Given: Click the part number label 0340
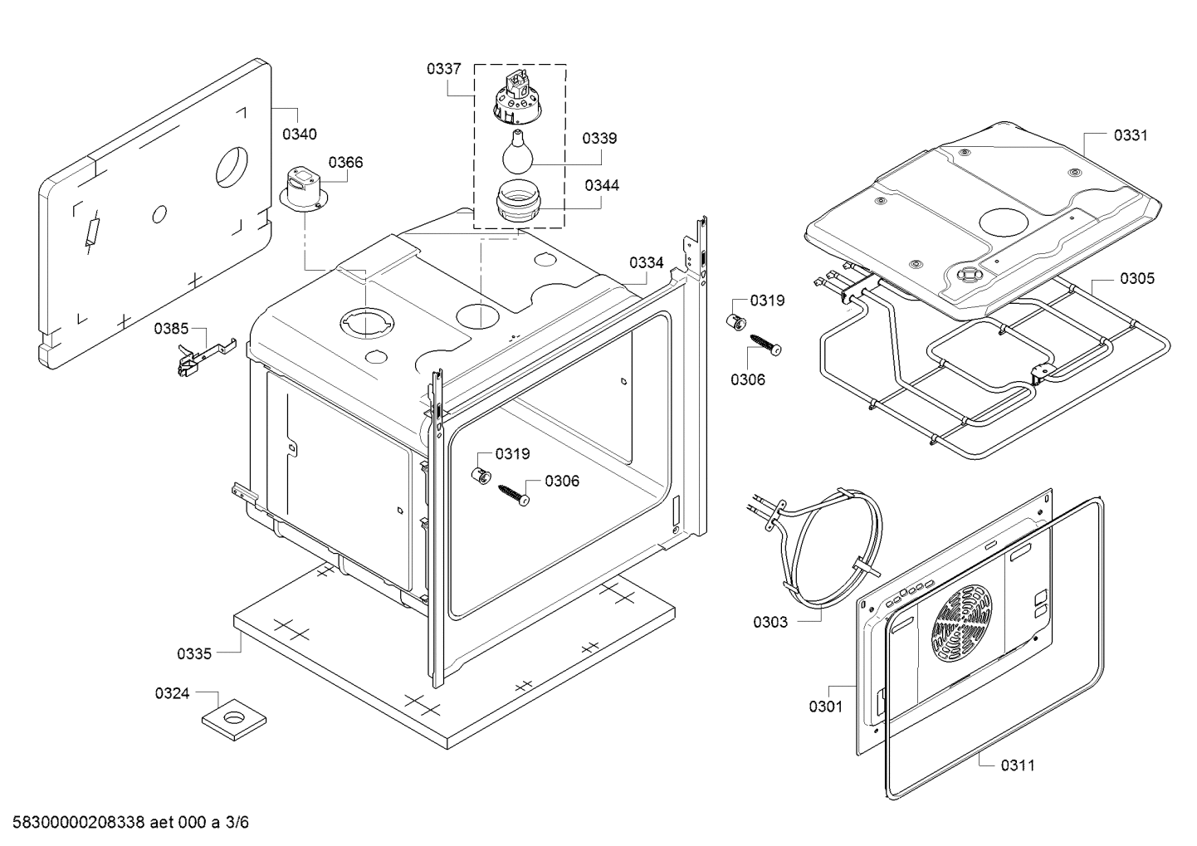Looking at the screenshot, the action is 299,134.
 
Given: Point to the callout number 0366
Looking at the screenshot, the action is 345,162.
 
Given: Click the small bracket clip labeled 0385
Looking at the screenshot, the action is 206,357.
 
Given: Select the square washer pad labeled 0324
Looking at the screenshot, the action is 233,719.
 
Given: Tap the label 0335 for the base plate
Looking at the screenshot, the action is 194,653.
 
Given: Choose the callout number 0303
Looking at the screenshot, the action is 770,622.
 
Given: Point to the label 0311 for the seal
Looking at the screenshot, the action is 1018,765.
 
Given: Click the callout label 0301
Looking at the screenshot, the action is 826,707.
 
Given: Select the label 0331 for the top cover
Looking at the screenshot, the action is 1131,135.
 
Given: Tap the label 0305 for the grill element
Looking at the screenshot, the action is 1137,278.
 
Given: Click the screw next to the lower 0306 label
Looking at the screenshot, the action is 514,494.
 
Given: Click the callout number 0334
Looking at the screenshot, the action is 646,262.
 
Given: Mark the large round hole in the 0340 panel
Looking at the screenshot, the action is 232,166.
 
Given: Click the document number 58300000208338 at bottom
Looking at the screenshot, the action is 79,822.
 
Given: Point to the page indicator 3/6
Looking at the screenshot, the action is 237,822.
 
